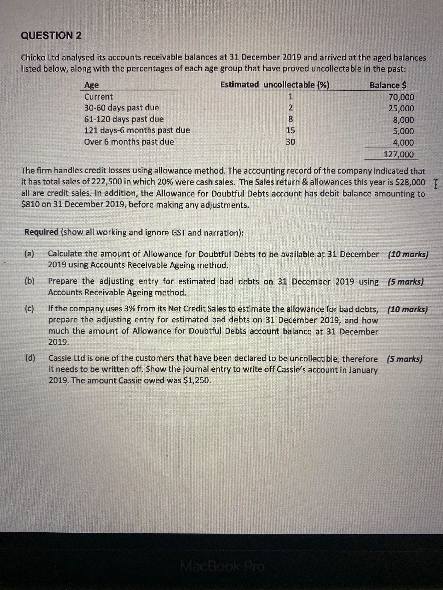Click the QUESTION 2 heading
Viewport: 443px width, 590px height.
tap(51, 35)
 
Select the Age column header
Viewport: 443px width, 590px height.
tap(91, 85)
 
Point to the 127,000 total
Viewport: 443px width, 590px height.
tap(398, 154)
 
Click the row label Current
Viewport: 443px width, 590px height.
tap(98, 97)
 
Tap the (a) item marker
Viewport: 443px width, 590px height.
tap(29, 254)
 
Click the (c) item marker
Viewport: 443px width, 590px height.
tap(29, 309)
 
